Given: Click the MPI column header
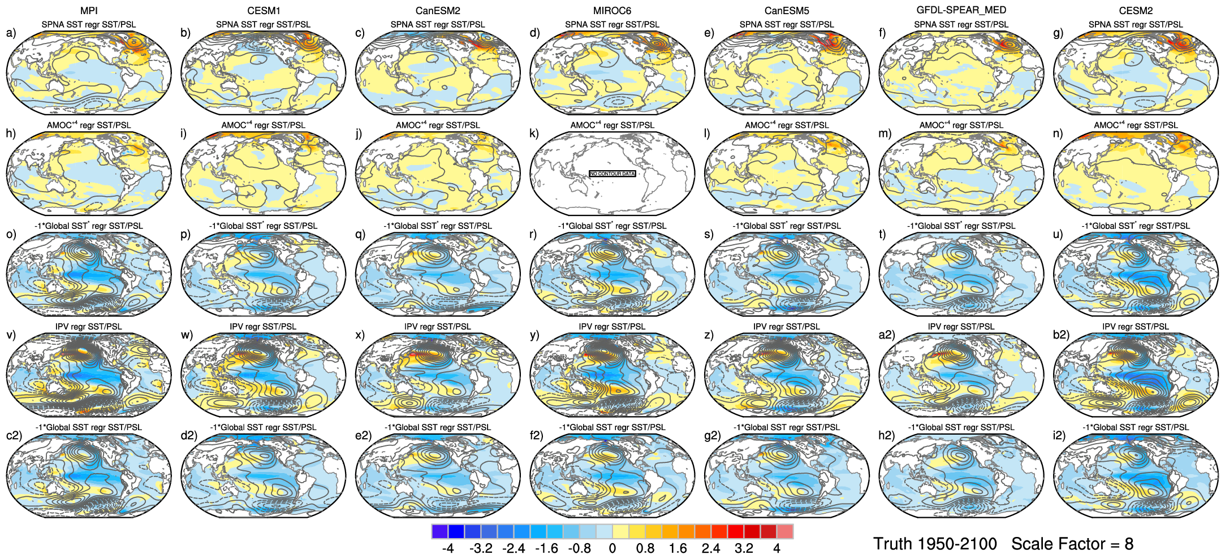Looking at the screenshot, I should coord(89,11).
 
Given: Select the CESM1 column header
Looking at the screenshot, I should coord(264,11).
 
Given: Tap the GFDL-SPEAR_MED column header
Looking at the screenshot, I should coord(961,10).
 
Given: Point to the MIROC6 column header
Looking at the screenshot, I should coord(612,11).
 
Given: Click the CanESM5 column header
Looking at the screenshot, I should coord(787,11).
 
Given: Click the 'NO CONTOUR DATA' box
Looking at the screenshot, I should coord(612,174).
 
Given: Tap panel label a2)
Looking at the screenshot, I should coord(886,335).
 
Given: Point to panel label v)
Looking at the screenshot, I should coord(11,335).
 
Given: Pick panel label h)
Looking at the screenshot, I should coord(11,133).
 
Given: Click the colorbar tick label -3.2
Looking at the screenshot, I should coord(481,548).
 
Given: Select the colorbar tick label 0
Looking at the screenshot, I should coord(612,548).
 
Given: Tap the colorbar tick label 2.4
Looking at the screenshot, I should coord(711,548).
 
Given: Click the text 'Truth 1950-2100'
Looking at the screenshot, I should coord(935,544).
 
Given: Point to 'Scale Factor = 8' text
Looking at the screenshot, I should coord(1072,544).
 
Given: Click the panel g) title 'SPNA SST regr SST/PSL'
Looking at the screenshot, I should coord(1136,24).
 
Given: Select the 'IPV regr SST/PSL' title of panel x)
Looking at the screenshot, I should coord(437,327).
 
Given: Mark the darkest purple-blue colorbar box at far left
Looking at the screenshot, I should coord(439,531).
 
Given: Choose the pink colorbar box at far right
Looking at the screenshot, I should coord(785,531).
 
